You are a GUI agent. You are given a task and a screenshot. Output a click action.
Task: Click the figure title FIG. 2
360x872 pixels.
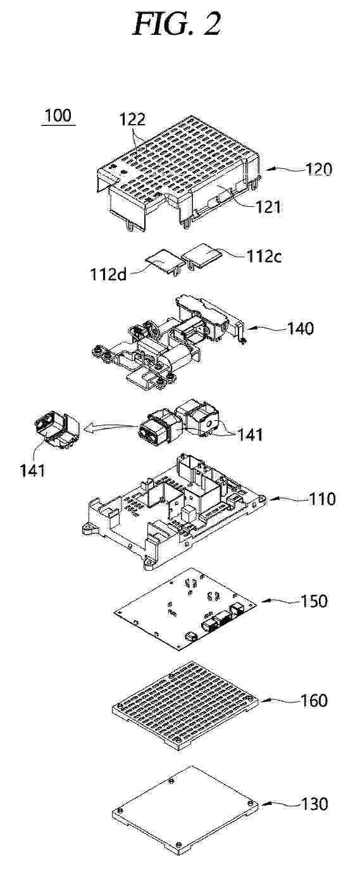pyautogui.click(x=178, y=23)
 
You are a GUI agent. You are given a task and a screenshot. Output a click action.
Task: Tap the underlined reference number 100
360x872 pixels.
pyautogui.click(x=58, y=116)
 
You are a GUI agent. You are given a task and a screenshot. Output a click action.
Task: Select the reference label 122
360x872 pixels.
pyautogui.click(x=132, y=120)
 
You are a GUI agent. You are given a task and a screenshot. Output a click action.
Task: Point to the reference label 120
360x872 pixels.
pyautogui.click(x=319, y=170)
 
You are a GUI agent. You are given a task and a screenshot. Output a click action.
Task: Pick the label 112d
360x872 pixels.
pyautogui.click(x=109, y=274)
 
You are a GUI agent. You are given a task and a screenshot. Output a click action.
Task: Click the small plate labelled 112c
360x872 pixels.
pyautogui.click(x=202, y=254)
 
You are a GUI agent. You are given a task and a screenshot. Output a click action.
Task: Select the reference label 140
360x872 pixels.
pyautogui.click(x=301, y=328)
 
